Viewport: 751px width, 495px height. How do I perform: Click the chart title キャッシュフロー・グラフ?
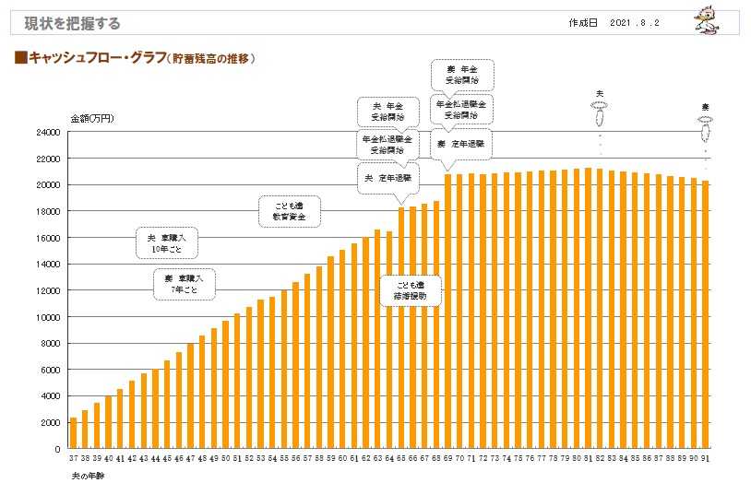tap(137, 58)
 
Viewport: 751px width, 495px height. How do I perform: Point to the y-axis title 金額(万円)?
tap(91, 119)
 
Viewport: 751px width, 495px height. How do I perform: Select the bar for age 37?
tap(74, 433)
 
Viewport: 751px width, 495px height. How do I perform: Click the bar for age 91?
tap(706, 314)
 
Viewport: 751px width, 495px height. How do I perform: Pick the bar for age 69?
tap(448, 311)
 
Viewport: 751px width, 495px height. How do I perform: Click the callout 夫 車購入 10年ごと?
tap(168, 243)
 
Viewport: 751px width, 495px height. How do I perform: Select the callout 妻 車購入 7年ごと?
tap(185, 284)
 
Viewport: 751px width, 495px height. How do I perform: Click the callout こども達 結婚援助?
tap(411, 291)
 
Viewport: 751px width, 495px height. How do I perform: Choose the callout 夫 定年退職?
tap(387, 177)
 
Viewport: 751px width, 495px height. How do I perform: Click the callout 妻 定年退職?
tap(461, 146)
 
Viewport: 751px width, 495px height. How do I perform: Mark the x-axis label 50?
tap(225, 458)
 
